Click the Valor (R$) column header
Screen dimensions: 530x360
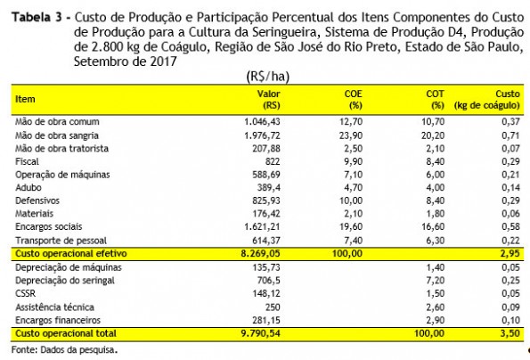coord(269,100)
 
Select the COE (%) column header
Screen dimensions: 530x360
coord(354,100)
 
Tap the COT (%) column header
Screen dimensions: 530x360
coord(435,100)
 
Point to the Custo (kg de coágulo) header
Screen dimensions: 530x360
coord(486,100)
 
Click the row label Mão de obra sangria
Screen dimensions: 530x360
coord(57,135)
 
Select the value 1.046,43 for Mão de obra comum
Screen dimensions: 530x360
coord(262,122)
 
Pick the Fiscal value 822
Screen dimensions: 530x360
coord(273,161)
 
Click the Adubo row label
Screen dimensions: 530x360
coord(29,188)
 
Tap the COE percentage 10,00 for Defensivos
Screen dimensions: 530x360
coord(351,200)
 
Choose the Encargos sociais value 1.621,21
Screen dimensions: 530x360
coord(262,227)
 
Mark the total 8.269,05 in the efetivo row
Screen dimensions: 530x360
coord(261,254)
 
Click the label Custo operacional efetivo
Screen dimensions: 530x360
coord(71,254)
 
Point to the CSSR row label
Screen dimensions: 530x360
coord(25,293)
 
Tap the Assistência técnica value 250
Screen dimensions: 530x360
coord(273,307)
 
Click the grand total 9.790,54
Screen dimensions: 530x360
coord(261,333)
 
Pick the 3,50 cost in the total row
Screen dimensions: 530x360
coord(510,333)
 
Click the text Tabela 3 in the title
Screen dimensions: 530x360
coord(37,17)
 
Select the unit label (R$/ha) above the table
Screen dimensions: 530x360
coord(268,77)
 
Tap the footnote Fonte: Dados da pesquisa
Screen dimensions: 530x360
coord(64,349)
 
